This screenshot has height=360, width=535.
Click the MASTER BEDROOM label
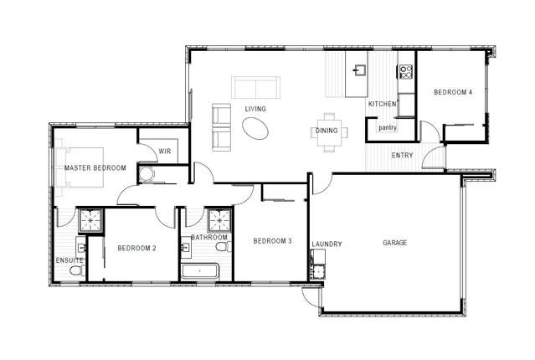pos(95,168)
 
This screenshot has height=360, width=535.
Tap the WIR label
pos(165,152)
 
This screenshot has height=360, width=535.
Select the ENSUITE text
pos(69,260)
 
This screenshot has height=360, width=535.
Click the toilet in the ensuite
pos(77,271)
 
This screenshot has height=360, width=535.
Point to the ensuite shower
pos(90,220)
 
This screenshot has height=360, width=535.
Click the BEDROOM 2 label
pos(136,248)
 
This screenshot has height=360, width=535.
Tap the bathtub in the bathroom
pos(199,271)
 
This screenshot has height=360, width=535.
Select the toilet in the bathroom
pos(224,246)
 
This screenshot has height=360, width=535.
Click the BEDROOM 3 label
pos(272,241)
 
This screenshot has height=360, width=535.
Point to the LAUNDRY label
pos(327,244)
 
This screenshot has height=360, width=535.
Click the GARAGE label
pos(395,243)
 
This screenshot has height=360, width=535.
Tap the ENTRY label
pos(402,155)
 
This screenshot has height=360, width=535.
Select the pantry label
pos(388,127)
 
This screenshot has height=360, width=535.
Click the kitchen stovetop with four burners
pos(406,72)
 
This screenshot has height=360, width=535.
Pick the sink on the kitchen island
pos(360,70)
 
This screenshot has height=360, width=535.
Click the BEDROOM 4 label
pos(453,92)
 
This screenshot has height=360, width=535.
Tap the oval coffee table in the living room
pos(255,128)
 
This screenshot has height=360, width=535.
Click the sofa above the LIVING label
pos(256,87)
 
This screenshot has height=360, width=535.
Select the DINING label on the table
pos(327,131)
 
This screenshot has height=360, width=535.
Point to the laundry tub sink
pos(318,271)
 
